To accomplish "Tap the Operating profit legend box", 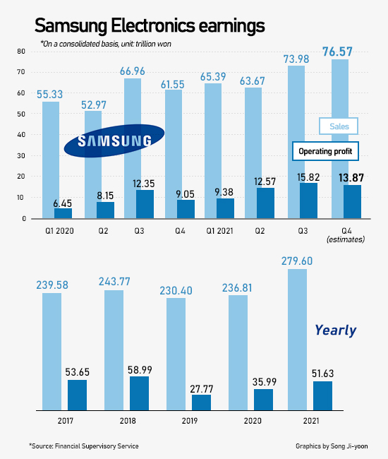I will point(325,151).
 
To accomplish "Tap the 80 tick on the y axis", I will point(21,52).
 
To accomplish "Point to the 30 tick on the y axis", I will point(21,156).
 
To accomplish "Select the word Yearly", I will point(335,330).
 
